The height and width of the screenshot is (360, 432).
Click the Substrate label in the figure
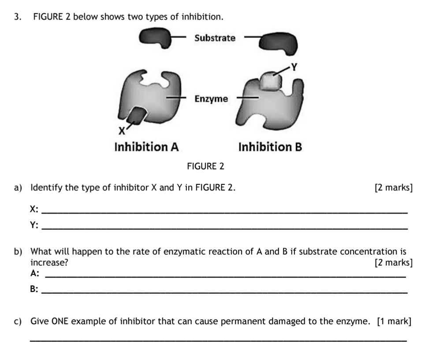215,38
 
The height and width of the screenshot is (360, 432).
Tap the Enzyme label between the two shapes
211,98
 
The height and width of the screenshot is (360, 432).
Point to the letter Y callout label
294,67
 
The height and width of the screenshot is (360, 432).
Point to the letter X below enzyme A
121,131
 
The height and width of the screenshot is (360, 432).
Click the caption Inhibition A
146,147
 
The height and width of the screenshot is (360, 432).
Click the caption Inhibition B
270,147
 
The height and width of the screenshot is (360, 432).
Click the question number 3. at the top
18,17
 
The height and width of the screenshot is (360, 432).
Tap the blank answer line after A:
225,277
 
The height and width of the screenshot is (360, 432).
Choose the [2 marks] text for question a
393,188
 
